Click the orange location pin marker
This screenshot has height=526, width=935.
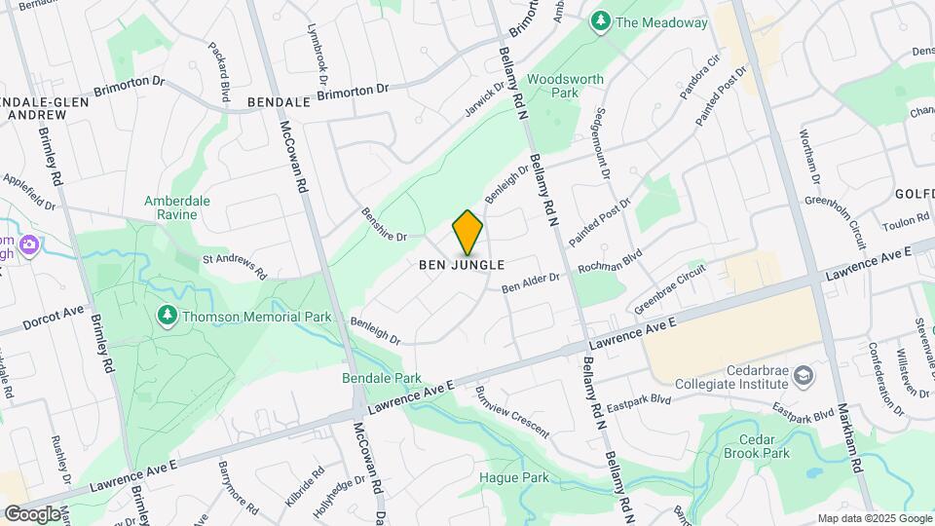pyautogui.click(x=468, y=233)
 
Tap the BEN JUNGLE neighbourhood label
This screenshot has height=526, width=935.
pyautogui.click(x=462, y=265)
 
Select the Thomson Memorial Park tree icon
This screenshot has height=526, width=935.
pyautogui.click(x=167, y=316)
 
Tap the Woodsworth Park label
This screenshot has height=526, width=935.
pyautogui.click(x=565, y=86)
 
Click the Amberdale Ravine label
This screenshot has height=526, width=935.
pyautogui.click(x=177, y=207)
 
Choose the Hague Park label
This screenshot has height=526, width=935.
pyautogui.click(x=513, y=477)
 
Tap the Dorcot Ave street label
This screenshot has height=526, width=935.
pyautogui.click(x=55, y=317)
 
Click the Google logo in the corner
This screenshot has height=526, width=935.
pyautogui.click(x=32, y=513)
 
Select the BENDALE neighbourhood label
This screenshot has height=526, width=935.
pyautogui.click(x=279, y=100)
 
